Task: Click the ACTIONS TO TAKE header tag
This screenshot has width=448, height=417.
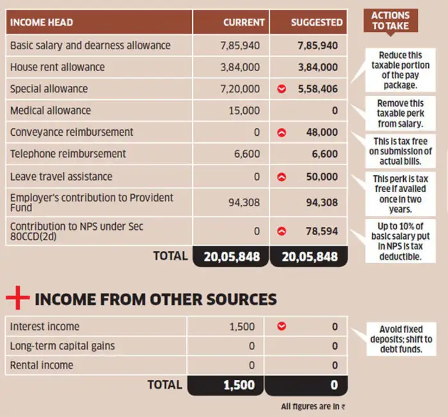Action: pyautogui.click(x=390, y=20)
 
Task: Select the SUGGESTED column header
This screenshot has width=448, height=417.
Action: pyautogui.click(x=317, y=22)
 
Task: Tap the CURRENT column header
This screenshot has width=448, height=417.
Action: pyautogui.click(x=244, y=22)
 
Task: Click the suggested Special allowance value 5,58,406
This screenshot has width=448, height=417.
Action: pyautogui.click(x=317, y=89)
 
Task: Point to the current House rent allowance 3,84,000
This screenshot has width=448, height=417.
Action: pyautogui.click(x=241, y=67)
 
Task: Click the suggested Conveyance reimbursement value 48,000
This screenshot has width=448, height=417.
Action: pyautogui.click(x=322, y=133)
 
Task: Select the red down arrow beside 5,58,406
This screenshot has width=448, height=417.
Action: pyautogui.click(x=282, y=89)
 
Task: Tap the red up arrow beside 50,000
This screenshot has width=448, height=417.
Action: pyautogui.click(x=282, y=177)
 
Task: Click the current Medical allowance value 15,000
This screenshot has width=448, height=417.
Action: pyautogui.click(x=244, y=111)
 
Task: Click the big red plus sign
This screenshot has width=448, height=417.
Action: pyautogui.click(x=17, y=298)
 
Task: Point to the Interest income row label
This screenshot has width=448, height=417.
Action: pyautogui.click(x=45, y=327)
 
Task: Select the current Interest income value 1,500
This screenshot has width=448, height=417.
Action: pyautogui.click(x=242, y=327)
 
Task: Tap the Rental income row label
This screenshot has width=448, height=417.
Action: pyautogui.click(x=42, y=365)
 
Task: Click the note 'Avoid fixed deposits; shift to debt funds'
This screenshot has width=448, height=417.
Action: pyautogui.click(x=401, y=339)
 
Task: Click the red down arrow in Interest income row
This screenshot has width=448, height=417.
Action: pyautogui.click(x=282, y=327)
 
